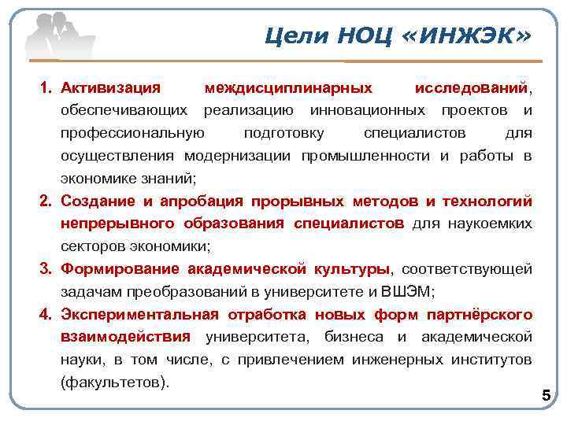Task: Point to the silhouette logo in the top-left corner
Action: pos(55,35)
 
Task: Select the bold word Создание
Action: pos(95,202)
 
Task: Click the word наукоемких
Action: pos(491,224)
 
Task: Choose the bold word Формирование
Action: pos(120,270)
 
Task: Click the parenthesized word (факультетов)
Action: pos(114,382)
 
